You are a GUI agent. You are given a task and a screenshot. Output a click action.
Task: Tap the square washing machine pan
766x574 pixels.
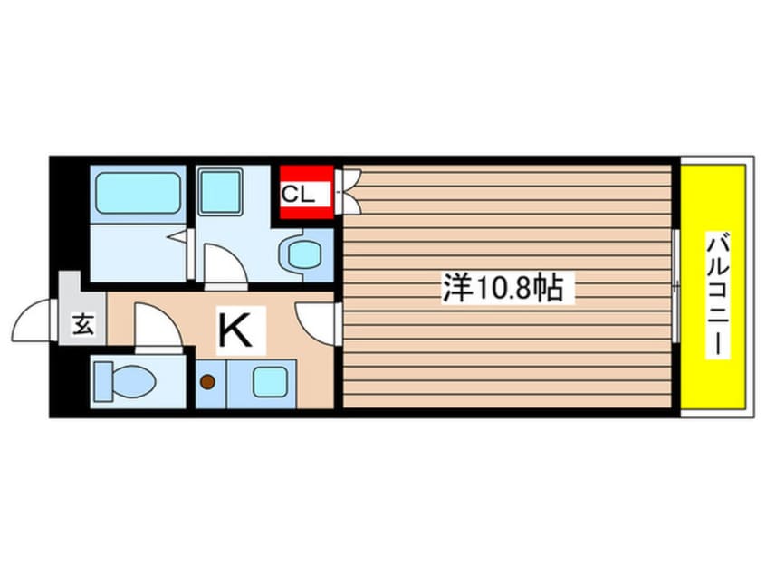point(219,191)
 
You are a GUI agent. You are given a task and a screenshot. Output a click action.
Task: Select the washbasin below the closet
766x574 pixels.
point(301,256)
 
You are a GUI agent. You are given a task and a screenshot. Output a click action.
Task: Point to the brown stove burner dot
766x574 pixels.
point(208,381)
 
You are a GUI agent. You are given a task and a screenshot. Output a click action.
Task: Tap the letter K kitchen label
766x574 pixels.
point(236,330)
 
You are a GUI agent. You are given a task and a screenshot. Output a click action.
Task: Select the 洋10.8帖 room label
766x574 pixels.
point(503,288)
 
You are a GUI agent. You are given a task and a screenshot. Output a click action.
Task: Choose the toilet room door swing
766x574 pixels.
point(155,325)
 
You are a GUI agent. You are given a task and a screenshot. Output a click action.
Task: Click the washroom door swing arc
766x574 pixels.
point(222,268)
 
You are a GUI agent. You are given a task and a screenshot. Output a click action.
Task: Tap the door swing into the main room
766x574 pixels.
point(315,321)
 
